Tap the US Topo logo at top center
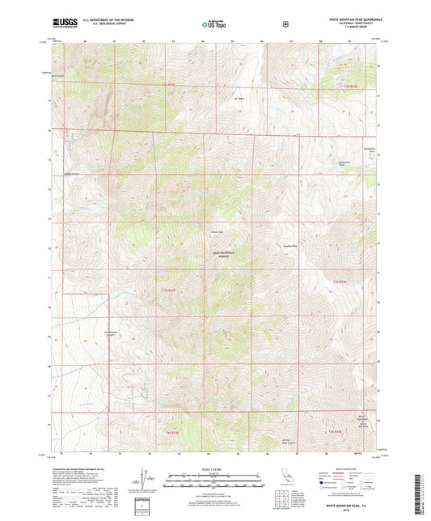(214, 25)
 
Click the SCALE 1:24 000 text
(214, 472)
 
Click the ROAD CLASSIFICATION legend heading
(345, 468)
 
